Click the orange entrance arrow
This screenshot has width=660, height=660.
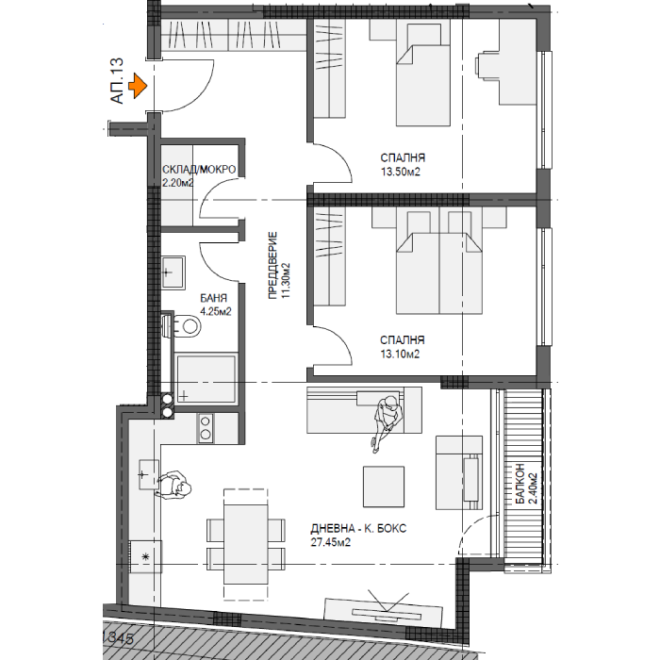138,86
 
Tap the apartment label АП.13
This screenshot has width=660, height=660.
117,81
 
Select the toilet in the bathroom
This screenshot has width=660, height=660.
182,326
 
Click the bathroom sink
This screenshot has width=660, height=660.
173,272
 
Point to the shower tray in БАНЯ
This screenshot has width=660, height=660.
206,379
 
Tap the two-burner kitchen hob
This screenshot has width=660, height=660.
206,428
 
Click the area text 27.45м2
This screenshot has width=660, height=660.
330,542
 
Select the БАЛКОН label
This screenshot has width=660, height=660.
520,483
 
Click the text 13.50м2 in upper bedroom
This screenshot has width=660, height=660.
401,172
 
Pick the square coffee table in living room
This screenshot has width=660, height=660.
384,487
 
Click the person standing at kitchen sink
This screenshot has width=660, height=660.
173,485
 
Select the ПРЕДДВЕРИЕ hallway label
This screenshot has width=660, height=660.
272,266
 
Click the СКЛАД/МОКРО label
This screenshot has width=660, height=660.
199,170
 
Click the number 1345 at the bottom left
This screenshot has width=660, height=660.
118,638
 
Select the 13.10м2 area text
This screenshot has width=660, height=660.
400,354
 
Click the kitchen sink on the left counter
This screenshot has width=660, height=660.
149,474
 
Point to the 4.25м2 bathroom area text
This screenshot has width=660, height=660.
216,312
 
